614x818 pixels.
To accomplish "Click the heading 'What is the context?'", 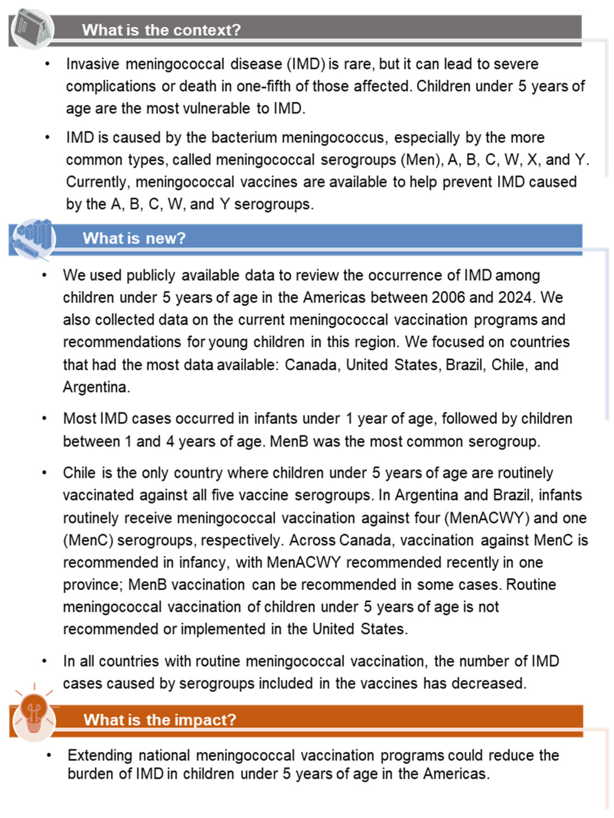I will pyautogui.click(x=161, y=30).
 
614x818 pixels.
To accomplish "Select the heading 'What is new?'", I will pyautogui.click(x=134, y=238).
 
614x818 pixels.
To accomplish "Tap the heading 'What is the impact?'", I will pyautogui.click(x=160, y=720).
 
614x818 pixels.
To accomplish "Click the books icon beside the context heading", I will pyautogui.click(x=33, y=29).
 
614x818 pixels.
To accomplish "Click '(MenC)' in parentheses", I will pyautogui.click(x=88, y=540).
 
